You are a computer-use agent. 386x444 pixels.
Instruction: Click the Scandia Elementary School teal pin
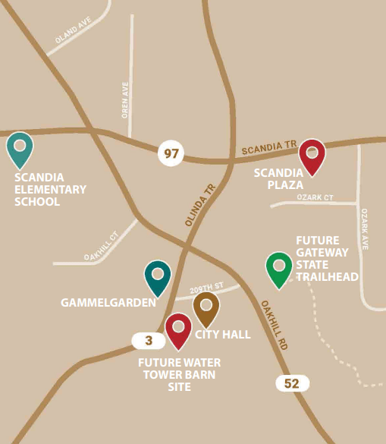(x=20, y=148)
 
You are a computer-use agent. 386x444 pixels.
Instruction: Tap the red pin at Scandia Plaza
(x=312, y=155)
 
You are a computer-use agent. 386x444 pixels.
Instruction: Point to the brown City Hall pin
(x=206, y=307)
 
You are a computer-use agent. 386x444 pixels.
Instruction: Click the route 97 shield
(x=171, y=154)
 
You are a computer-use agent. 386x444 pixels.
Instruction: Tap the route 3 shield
(x=149, y=341)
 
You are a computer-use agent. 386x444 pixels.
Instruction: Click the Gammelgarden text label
(x=108, y=302)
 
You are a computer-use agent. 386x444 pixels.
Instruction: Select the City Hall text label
(x=223, y=334)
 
